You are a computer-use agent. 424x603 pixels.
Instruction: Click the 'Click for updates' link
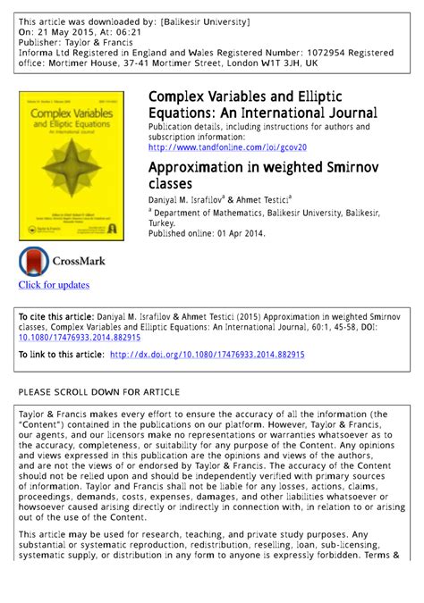tap(54, 285)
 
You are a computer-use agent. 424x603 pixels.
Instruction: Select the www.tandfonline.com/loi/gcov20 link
tap(227, 147)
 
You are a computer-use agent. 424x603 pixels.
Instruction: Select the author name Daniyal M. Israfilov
tap(194, 198)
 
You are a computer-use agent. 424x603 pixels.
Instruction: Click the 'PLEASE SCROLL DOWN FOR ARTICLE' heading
tap(99, 392)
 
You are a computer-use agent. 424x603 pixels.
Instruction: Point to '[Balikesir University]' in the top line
tap(207, 20)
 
